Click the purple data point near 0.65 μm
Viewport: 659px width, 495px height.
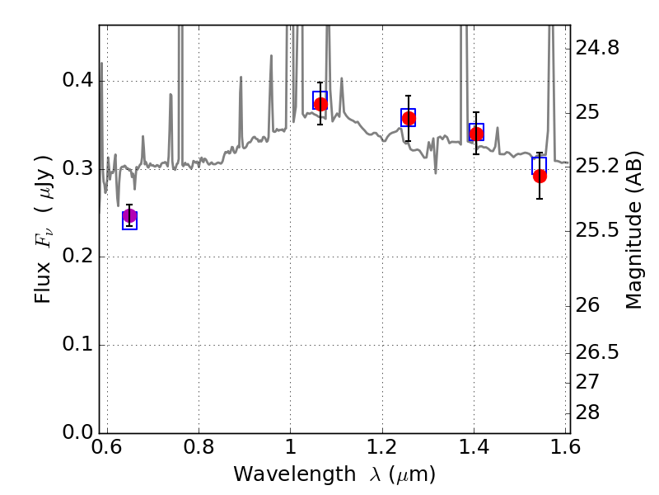coord(129,216)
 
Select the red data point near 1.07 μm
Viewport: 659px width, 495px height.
coord(320,104)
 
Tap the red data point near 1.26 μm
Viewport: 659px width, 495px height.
coord(409,118)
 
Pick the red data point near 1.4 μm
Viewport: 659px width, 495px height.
coord(476,134)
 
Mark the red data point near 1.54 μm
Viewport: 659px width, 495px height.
coord(540,176)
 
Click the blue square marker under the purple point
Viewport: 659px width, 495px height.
coord(129,220)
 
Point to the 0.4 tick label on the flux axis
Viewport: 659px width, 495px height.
coord(77,79)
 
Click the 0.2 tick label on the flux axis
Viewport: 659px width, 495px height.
coord(77,256)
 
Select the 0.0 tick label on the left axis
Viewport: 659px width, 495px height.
coord(77,431)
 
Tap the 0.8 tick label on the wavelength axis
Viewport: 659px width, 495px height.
coord(199,447)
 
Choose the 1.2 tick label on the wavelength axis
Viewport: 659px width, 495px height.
coord(382,447)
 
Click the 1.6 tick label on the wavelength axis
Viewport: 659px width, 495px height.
coord(565,447)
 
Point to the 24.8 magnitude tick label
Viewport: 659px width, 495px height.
coord(597,48)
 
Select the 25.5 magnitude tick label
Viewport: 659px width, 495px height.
coord(597,230)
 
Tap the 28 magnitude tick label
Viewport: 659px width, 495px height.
coord(587,412)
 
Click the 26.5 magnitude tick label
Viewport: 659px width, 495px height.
coord(597,352)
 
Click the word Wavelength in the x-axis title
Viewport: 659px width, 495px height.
coord(295,474)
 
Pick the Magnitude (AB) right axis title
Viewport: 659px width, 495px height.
coord(633,230)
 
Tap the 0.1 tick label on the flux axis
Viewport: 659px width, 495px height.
coord(77,344)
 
